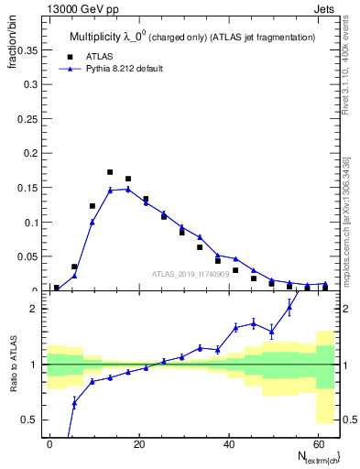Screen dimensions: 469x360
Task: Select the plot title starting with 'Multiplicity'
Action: click(x=192, y=37)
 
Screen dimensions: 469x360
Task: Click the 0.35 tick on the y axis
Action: click(x=27, y=51)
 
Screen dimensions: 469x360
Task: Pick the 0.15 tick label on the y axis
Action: click(x=27, y=188)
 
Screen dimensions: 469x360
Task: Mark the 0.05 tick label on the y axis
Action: click(x=27, y=256)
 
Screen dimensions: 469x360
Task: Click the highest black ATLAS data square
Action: click(x=110, y=172)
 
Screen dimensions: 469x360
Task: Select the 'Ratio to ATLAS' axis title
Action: click(x=14, y=364)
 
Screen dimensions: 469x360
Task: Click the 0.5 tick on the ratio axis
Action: click(x=30, y=420)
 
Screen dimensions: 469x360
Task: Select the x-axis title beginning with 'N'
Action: click(x=311, y=456)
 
